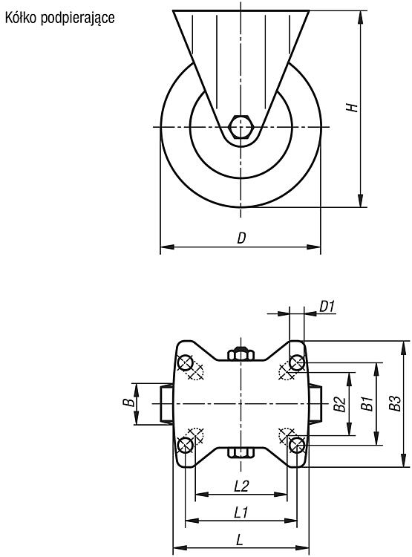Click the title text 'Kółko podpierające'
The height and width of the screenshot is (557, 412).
pos(59,18)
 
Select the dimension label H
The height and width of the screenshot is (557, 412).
pos(352,107)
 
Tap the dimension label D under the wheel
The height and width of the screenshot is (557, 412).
pos(241,238)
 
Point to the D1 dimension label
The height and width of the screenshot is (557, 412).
pos(327,306)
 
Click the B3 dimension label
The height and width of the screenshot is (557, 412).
pos(395,403)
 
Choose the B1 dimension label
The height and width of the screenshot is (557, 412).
pos(367,403)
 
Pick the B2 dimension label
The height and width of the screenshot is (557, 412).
pos(340,404)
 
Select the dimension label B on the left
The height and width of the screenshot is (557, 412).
pos(130,403)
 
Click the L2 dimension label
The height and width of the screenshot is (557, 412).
pos(241,486)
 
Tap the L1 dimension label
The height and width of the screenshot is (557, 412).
pos(241,512)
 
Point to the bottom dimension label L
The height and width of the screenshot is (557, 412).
pos(240,541)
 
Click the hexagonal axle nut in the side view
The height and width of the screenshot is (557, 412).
pos(241,126)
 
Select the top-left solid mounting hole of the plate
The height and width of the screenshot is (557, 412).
pos(186,363)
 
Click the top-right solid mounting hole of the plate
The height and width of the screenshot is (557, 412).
pos(297,363)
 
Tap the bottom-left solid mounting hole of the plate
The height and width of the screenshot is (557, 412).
pos(186,445)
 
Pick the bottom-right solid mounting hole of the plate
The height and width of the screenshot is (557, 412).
pos(297,445)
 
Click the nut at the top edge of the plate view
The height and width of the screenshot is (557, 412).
pos(241,354)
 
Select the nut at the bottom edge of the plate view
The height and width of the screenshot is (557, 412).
pos(241,452)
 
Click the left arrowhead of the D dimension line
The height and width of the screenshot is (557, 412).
pos(167,247)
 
